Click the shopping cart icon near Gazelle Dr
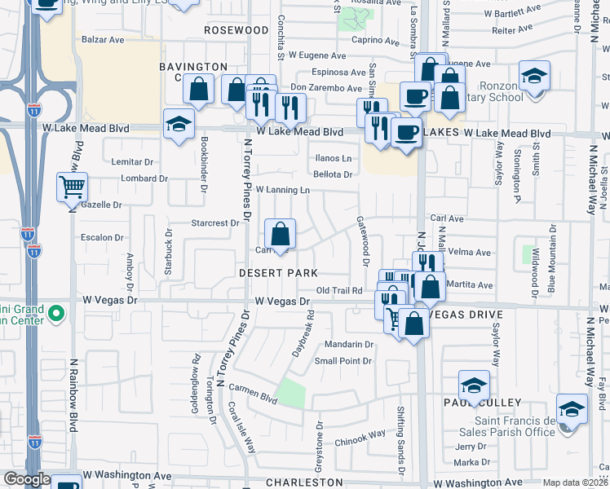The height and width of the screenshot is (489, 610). pyautogui.click(x=73, y=187)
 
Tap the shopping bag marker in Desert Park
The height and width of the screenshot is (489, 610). pyautogui.click(x=280, y=234)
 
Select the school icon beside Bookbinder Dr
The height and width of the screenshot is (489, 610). pyautogui.click(x=179, y=124)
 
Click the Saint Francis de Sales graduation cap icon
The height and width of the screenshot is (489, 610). pyautogui.click(x=572, y=409)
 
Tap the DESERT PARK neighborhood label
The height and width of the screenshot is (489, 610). pyautogui.click(x=277, y=272)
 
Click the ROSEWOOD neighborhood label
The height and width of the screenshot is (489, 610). pyautogui.click(x=236, y=30)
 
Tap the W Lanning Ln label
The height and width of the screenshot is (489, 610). pyautogui.click(x=284, y=190)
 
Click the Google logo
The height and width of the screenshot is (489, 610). pyautogui.click(x=26, y=479)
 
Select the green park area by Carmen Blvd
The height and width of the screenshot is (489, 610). pyautogui.click(x=290, y=393)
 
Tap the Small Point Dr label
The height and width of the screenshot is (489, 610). pyautogui.click(x=343, y=361)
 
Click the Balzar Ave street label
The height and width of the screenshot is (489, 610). pyautogui.click(x=103, y=39)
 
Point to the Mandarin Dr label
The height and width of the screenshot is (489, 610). pyautogui.click(x=348, y=344)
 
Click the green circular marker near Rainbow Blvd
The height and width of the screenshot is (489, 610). pyautogui.click(x=55, y=312)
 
